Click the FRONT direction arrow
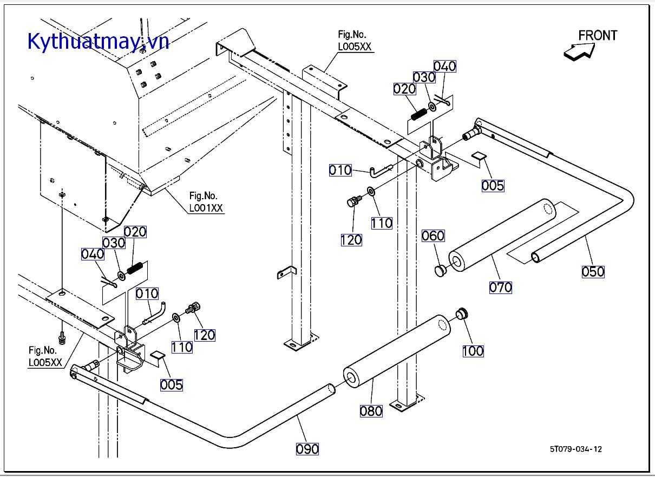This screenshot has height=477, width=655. [x=579, y=51]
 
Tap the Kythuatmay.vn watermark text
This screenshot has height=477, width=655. [x=98, y=41]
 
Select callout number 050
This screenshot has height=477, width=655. [x=593, y=271]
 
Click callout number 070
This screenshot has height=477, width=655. [x=500, y=287]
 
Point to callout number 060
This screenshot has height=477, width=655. [x=433, y=236]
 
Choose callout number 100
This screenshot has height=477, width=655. [x=473, y=351]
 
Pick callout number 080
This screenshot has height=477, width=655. [x=371, y=411]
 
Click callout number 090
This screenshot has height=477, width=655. [x=307, y=449]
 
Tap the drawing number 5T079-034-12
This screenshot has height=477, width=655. [x=575, y=449]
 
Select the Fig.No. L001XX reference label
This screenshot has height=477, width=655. [x=206, y=202]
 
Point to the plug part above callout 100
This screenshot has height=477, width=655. [x=462, y=313]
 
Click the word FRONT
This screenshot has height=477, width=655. [x=598, y=36]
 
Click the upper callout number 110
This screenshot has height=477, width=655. [x=382, y=223]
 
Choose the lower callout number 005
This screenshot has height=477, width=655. [x=172, y=385]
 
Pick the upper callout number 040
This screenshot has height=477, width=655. [x=445, y=66]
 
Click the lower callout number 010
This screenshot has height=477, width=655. [x=147, y=293]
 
